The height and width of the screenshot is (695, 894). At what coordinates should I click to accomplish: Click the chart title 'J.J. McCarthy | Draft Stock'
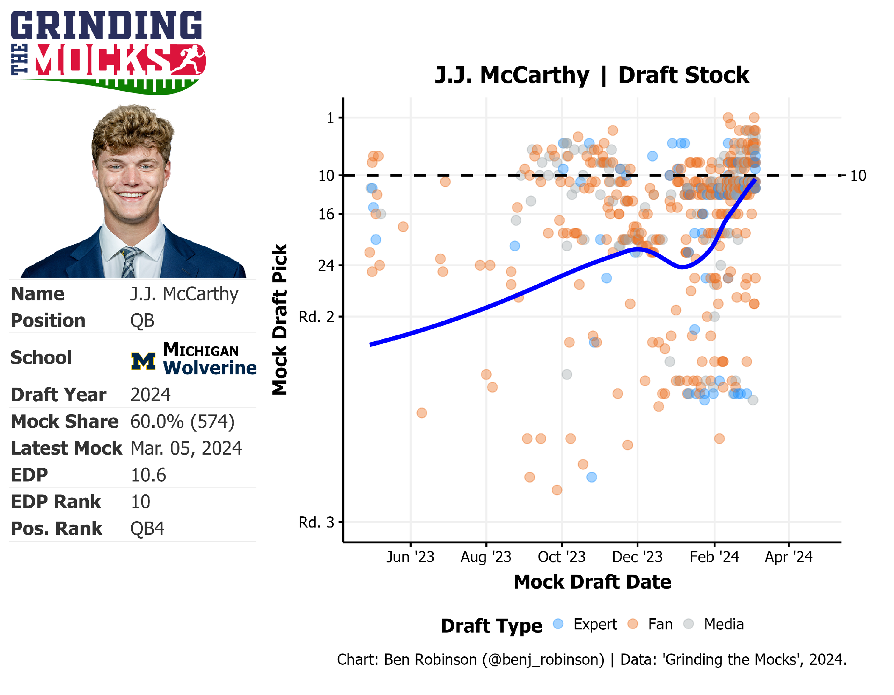(592, 75)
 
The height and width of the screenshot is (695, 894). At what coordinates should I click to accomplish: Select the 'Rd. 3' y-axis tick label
(316, 522)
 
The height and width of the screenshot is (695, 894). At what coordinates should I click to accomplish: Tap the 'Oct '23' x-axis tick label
(562, 557)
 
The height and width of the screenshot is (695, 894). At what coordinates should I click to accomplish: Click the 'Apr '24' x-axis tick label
(789, 557)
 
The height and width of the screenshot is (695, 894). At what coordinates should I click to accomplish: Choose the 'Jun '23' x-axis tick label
(410, 557)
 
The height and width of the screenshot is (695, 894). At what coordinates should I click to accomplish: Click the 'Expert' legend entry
(595, 624)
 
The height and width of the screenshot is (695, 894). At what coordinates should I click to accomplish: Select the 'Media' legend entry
(724, 624)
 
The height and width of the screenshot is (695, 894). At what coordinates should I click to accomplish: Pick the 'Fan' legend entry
(660, 624)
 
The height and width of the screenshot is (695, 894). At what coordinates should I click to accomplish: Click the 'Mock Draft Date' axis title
(592, 582)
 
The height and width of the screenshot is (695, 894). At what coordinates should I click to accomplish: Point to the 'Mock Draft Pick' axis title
(280, 320)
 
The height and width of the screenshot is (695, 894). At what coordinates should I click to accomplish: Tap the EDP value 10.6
(148, 475)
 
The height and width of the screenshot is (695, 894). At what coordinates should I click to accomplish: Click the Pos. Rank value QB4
(147, 529)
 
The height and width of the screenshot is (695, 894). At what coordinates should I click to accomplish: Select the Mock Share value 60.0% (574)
(182, 422)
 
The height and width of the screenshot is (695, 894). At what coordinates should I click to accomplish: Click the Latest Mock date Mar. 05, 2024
(186, 448)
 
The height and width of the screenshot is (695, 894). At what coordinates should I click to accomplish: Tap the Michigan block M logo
(143, 361)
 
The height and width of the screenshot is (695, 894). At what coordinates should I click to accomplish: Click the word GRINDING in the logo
(107, 25)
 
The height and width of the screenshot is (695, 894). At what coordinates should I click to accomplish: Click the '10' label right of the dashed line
(858, 176)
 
